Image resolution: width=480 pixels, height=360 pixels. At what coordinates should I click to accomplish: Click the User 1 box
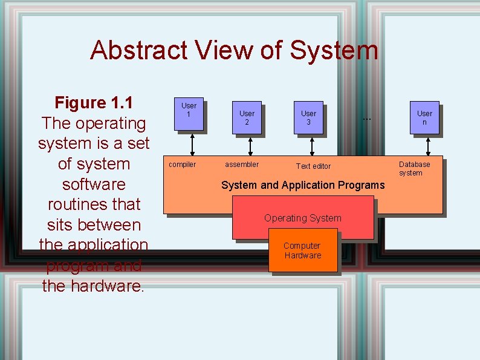tap(189, 114)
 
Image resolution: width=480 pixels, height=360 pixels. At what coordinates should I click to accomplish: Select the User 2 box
tap(247, 117)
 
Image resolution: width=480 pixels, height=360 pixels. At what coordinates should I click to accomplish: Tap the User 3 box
tap(308, 117)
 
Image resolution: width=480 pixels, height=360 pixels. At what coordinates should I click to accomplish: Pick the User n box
tap(424, 117)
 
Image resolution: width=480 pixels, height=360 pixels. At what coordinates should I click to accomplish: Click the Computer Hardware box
tap(302, 250)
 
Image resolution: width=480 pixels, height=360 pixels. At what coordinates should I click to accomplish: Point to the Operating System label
tap(303, 218)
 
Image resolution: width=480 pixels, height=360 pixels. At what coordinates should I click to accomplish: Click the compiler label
tap(182, 165)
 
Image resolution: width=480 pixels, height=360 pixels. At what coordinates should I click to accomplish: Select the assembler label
tap(242, 165)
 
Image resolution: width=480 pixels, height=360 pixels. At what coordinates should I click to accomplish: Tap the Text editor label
tap(313, 166)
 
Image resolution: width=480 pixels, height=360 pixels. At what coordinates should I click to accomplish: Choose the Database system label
tap(414, 168)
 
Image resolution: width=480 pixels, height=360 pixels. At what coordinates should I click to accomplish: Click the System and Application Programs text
tap(303, 185)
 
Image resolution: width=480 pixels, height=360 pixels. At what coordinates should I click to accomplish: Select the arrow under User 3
tap(312, 146)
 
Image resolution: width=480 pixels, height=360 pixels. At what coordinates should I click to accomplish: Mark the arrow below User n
tap(428, 146)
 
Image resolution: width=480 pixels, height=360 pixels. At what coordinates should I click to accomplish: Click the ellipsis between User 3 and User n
tap(366, 119)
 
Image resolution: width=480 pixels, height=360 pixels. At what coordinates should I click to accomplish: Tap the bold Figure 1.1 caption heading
tap(94, 103)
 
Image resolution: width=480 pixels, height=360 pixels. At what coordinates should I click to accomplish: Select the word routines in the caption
tap(94, 204)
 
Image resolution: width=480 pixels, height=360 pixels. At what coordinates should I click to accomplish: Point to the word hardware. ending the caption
tap(105, 285)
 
